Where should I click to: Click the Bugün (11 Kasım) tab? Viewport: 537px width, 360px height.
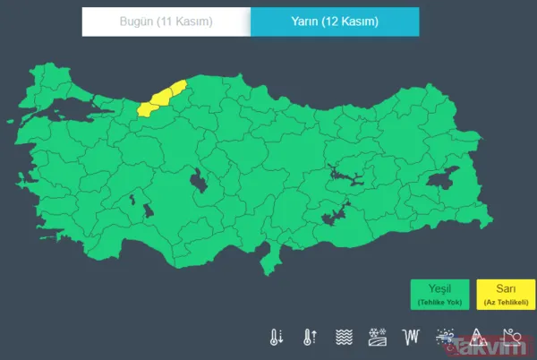coord(166,21)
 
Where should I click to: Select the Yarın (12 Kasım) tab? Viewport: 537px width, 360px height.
coord(334,21)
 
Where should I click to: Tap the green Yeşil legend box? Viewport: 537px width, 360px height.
coord(439,295)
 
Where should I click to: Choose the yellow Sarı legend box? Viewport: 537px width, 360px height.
coord(505,295)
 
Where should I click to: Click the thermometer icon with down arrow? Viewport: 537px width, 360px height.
coord(277,338)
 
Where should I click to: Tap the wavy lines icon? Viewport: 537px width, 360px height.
coord(343,338)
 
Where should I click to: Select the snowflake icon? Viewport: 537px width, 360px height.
coord(377,338)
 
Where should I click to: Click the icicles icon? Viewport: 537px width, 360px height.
coord(411,338)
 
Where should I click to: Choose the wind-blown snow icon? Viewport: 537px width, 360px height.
coord(444,338)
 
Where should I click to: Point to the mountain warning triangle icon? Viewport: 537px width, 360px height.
coord(477,338)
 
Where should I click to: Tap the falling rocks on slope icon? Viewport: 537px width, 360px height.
coord(511,338)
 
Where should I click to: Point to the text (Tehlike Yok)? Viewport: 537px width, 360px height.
coord(439,304)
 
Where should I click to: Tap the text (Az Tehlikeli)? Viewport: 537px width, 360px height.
coord(505,304)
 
